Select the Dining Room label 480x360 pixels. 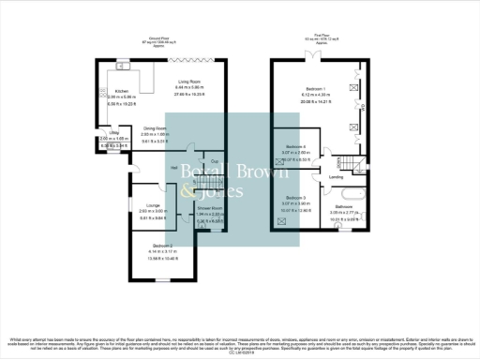(155, 128)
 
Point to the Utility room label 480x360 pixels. (109, 135)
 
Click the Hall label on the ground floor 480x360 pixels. (174, 168)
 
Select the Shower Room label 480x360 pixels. (211, 208)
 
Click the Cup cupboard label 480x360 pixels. (215, 161)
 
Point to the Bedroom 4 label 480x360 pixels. (296, 147)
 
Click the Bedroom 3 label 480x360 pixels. (296, 198)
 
